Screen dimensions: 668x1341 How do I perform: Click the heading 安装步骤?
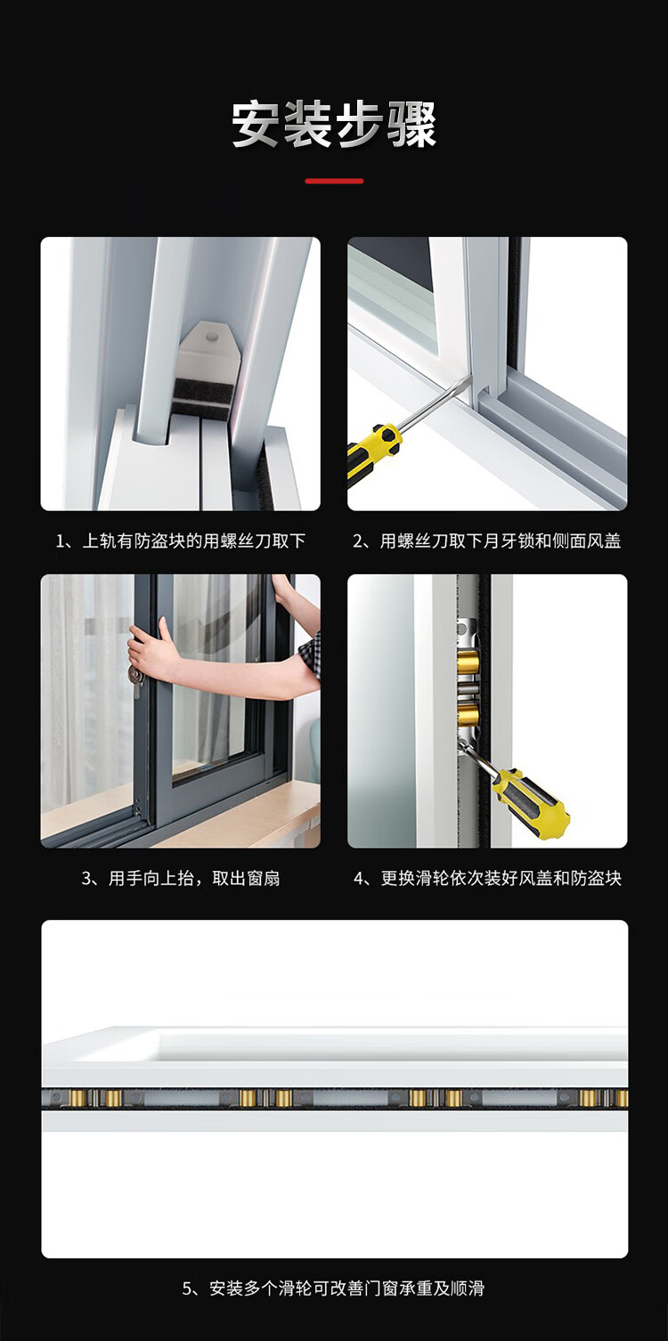(334, 125)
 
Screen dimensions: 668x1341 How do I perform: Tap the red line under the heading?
(334, 181)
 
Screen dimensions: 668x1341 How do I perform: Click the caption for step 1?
(181, 541)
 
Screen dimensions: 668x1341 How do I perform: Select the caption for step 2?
(486, 541)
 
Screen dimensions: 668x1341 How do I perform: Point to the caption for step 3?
(181, 878)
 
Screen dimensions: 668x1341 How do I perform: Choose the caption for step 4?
(487, 878)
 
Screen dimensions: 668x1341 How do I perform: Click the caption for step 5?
(333, 1288)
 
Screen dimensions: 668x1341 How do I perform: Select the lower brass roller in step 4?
(468, 713)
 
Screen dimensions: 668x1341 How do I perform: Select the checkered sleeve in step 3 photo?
(310, 655)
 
